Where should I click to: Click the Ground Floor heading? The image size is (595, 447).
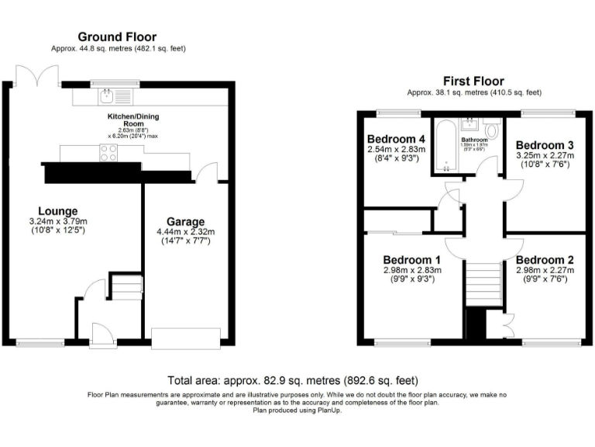click(118, 36)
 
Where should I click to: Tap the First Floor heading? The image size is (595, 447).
click(473, 81)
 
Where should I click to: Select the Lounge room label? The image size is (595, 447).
click(57, 210)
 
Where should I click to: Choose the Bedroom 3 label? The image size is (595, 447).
click(544, 145)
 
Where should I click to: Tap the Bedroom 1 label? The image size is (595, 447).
click(411, 259)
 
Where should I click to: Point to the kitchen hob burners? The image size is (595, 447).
click(108, 153)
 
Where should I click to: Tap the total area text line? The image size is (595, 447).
click(293, 381)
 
